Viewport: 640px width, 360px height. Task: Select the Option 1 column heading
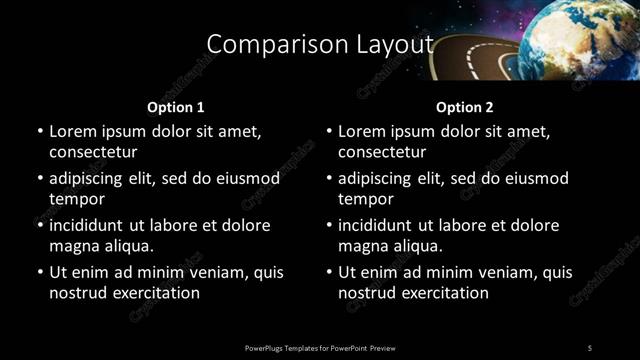(176, 107)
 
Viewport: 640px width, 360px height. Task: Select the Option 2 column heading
(465, 107)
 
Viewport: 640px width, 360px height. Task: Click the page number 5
(590, 347)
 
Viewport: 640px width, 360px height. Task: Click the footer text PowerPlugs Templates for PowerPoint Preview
(320, 347)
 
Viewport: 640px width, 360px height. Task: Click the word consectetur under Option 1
(93, 152)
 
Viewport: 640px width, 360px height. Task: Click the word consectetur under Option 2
(382, 152)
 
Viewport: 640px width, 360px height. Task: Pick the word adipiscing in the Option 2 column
(381, 179)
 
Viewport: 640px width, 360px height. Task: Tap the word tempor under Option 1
(76, 199)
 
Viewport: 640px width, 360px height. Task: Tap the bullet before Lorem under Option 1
(39, 132)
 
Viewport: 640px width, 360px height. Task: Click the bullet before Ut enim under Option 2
(328, 273)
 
